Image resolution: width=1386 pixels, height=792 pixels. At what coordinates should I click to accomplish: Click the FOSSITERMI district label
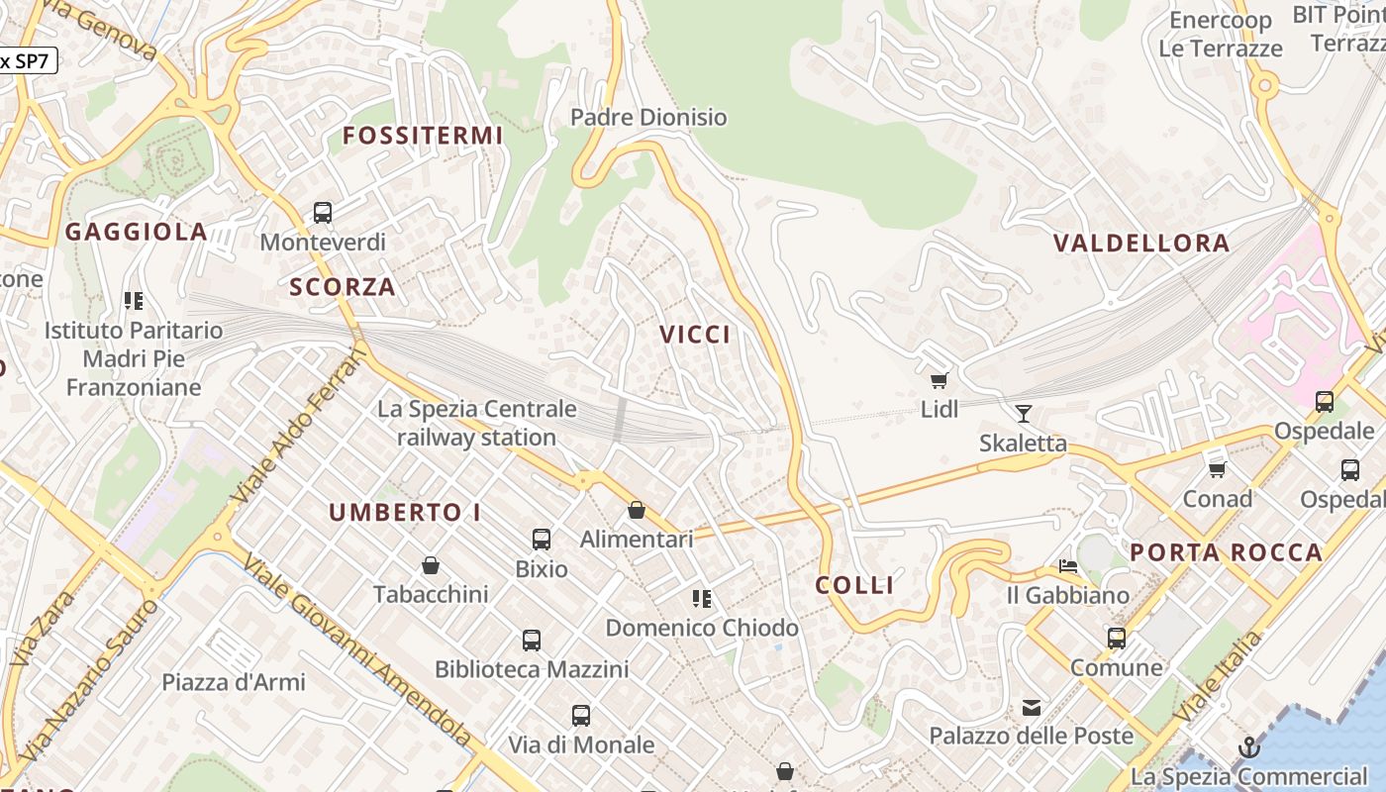click(x=423, y=136)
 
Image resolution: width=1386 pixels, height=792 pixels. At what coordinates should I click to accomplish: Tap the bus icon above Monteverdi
click(x=323, y=212)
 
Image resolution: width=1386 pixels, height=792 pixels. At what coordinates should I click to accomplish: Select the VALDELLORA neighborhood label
click(x=1141, y=243)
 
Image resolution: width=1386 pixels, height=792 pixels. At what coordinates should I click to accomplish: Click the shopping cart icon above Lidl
click(x=939, y=380)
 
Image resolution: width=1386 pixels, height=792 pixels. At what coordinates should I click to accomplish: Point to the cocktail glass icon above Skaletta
click(x=1024, y=414)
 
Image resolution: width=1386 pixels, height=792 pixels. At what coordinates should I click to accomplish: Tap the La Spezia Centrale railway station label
click(x=476, y=423)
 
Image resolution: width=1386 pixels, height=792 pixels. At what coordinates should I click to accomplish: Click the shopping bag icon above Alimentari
click(x=637, y=510)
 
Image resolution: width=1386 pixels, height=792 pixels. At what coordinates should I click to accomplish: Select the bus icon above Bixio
click(x=542, y=540)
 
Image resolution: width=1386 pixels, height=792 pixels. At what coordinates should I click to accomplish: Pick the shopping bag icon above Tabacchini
click(x=431, y=565)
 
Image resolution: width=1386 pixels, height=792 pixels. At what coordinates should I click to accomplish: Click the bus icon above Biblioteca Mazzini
click(x=532, y=641)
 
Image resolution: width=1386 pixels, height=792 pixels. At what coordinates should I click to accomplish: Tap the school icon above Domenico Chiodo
click(x=702, y=598)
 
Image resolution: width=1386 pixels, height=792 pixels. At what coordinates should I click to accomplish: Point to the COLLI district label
click(x=854, y=585)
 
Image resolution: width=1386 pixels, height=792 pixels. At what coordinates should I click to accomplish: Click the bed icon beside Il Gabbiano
click(x=1068, y=566)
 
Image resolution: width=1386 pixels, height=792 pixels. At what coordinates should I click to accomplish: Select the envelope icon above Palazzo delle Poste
click(x=1032, y=707)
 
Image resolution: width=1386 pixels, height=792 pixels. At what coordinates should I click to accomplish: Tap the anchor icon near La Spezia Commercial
click(x=1248, y=746)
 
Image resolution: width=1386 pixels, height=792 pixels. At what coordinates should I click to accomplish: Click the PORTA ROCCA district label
click(x=1226, y=552)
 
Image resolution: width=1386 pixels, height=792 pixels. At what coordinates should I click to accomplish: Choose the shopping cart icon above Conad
click(x=1217, y=469)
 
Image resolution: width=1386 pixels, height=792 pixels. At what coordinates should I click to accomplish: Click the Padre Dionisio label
click(x=648, y=117)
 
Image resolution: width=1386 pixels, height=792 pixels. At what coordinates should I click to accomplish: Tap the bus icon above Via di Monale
click(x=581, y=715)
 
